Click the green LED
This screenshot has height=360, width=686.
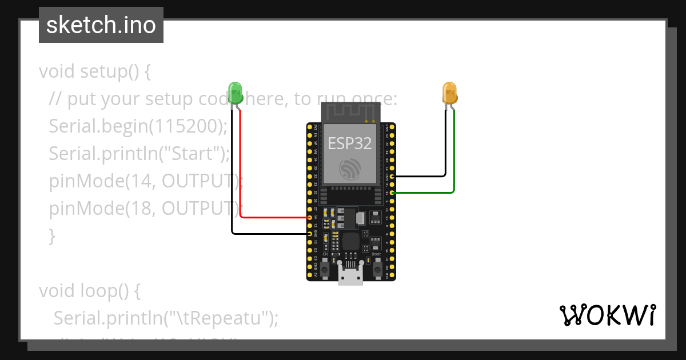tap(236, 92)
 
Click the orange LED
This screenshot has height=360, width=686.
tap(450, 93)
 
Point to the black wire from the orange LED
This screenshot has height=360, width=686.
tap(445, 149)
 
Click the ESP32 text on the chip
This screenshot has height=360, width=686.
tap(350, 143)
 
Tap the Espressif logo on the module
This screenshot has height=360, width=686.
tap(350, 169)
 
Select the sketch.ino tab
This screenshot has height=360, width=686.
tap(101, 25)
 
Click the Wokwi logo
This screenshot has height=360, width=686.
tap(607, 315)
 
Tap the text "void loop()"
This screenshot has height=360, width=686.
tap(90, 291)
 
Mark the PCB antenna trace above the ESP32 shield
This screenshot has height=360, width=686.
tap(350, 112)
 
